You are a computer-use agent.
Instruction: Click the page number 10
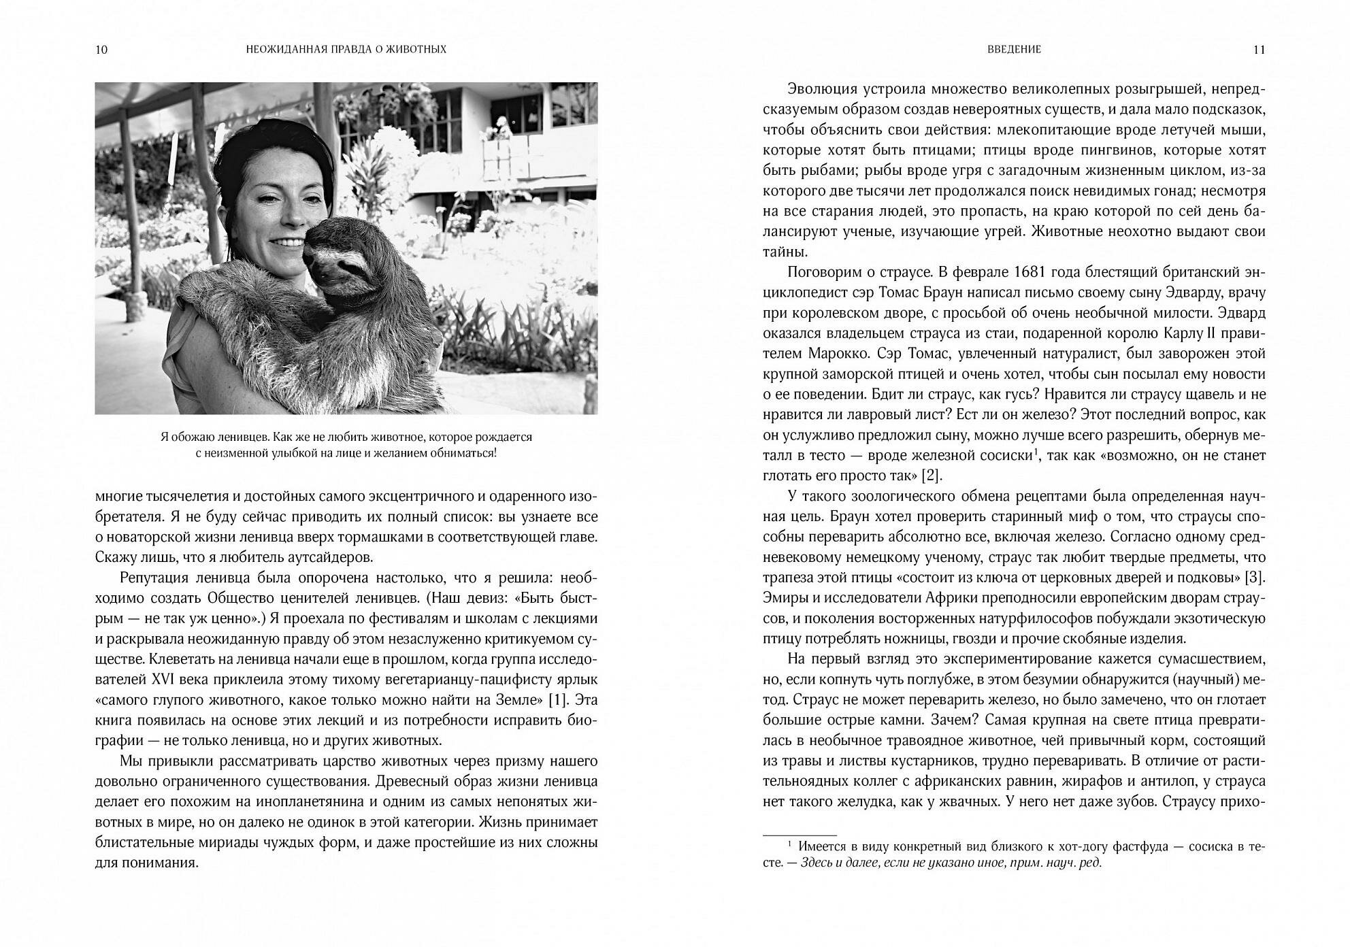click(x=102, y=50)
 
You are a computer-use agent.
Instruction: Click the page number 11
click(x=1259, y=50)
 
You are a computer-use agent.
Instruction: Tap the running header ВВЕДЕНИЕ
click(x=1014, y=50)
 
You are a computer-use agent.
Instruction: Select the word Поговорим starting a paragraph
click(x=825, y=272)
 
